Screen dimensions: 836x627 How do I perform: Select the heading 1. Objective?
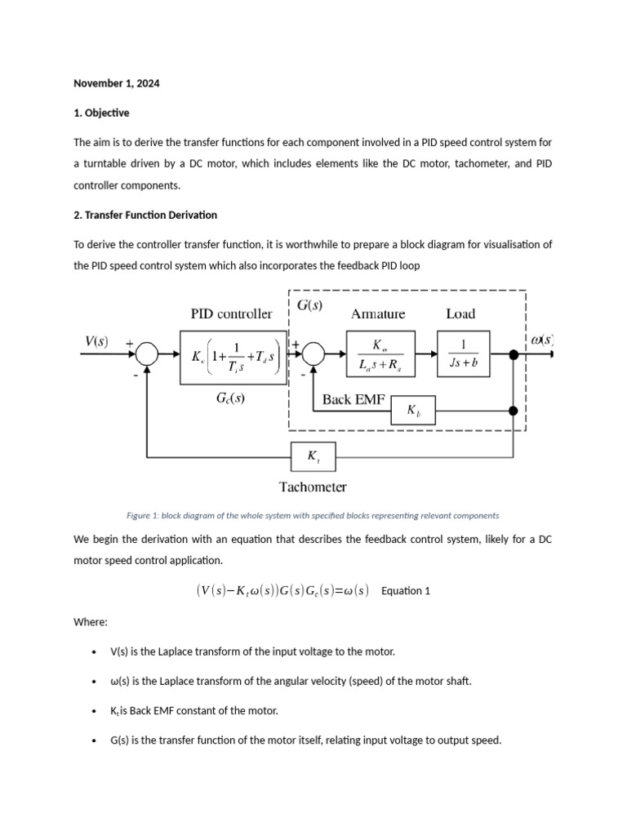pyautogui.click(x=101, y=113)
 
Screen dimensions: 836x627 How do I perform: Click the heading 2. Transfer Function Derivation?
pyautogui.click(x=145, y=215)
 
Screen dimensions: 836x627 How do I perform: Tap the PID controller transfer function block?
pyautogui.click(x=233, y=357)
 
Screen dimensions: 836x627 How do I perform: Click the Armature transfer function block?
pyautogui.click(x=380, y=354)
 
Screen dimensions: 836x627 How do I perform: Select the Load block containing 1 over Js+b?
pyautogui.click(x=463, y=354)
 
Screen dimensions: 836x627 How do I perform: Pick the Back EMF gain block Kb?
pyautogui.click(x=414, y=411)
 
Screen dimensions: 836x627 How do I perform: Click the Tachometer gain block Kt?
pyautogui.click(x=313, y=456)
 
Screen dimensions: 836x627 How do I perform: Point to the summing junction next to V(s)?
pyautogui.click(x=147, y=354)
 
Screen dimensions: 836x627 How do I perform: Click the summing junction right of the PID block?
pyautogui.click(x=313, y=354)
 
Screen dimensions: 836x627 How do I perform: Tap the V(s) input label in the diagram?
pyautogui.click(x=96, y=341)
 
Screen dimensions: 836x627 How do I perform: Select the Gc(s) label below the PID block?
pyautogui.click(x=229, y=398)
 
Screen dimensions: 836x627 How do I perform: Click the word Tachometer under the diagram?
pyautogui.click(x=313, y=487)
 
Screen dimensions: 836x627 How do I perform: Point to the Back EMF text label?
pyautogui.click(x=349, y=399)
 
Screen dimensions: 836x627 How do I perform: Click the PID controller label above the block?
pyautogui.click(x=231, y=313)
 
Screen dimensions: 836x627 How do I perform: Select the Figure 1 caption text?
pyautogui.click(x=313, y=516)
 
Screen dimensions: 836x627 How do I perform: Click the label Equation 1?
pyautogui.click(x=406, y=591)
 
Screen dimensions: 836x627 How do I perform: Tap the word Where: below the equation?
pyautogui.click(x=91, y=622)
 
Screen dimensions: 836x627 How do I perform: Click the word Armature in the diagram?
pyautogui.click(x=377, y=313)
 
